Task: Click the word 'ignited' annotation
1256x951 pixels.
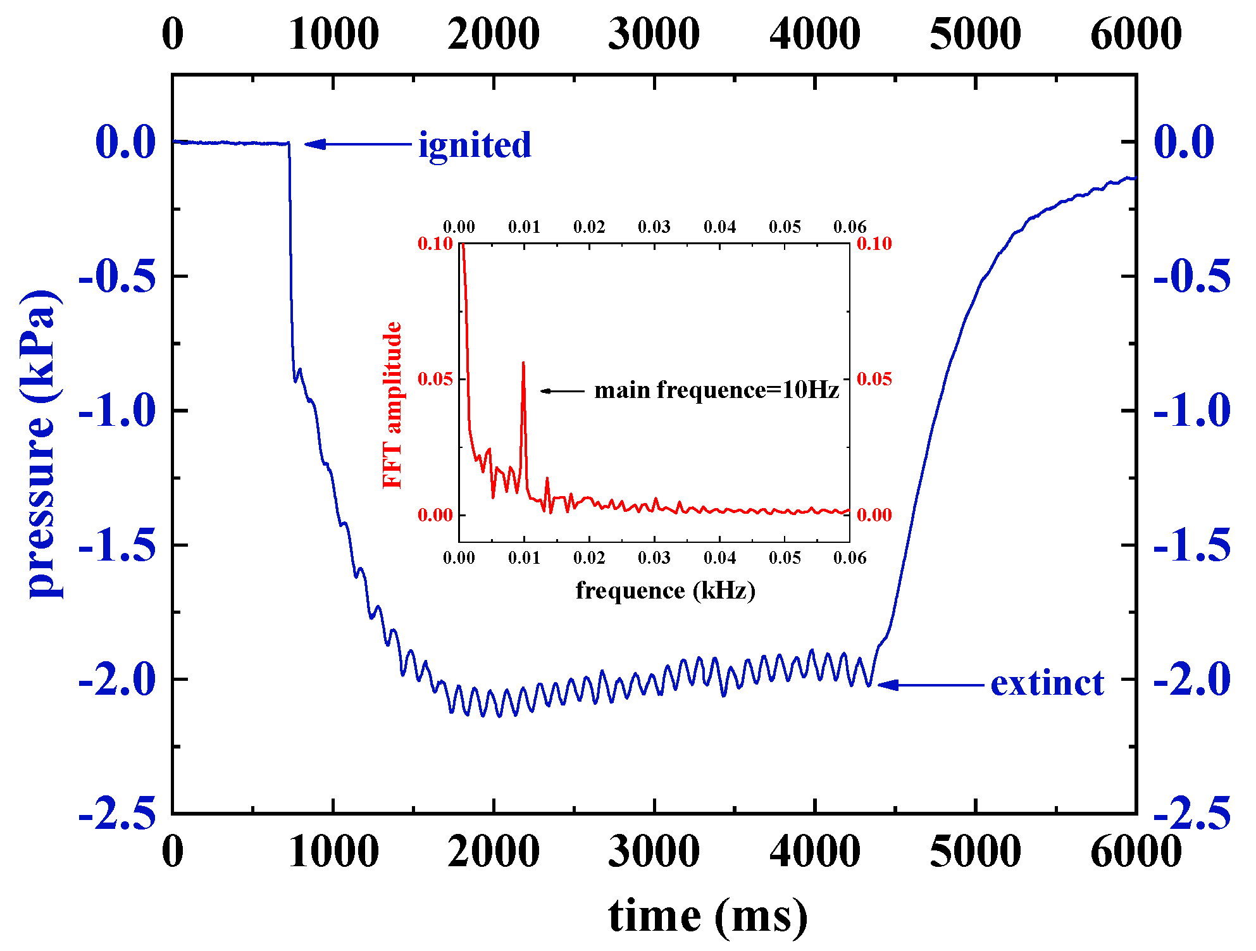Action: pyautogui.click(x=475, y=145)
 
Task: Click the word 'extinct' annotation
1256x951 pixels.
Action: pyautogui.click(x=1047, y=683)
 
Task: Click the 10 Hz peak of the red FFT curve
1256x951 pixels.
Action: pyautogui.click(x=523, y=363)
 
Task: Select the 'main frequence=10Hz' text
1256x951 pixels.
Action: pyautogui.click(x=716, y=390)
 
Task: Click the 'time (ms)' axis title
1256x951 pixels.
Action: pyautogui.click(x=707, y=916)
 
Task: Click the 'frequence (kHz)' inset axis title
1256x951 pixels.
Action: pyautogui.click(x=665, y=590)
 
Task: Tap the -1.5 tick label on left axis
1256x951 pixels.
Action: pyautogui.click(x=118, y=545)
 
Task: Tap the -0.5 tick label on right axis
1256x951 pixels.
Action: pyautogui.click(x=1192, y=277)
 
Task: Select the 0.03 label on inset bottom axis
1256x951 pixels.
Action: pyautogui.click(x=654, y=558)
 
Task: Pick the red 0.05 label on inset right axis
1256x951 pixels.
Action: pyautogui.click(x=874, y=379)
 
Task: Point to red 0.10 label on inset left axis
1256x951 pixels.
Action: pyautogui.click(x=435, y=244)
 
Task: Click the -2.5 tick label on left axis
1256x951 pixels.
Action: pyautogui.click(x=118, y=814)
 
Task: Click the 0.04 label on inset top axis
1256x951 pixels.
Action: pyautogui.click(x=719, y=227)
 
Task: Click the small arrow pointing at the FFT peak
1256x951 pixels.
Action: pyautogui.click(x=548, y=391)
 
